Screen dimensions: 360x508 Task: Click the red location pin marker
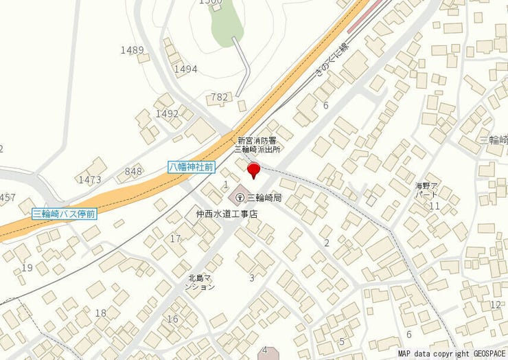253,169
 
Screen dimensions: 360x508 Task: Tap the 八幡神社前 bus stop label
192,167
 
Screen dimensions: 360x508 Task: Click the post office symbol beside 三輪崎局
239,197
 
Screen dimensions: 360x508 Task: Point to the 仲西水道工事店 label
227,214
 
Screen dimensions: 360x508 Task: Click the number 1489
132,50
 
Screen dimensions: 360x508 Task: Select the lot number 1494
185,69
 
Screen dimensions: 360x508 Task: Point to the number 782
219,98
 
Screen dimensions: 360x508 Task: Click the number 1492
167,113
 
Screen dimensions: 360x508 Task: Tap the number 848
133,171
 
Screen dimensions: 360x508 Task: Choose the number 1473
89,180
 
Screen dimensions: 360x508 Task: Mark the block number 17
176,238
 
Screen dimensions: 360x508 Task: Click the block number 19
27,267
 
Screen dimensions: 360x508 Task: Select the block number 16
172,319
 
